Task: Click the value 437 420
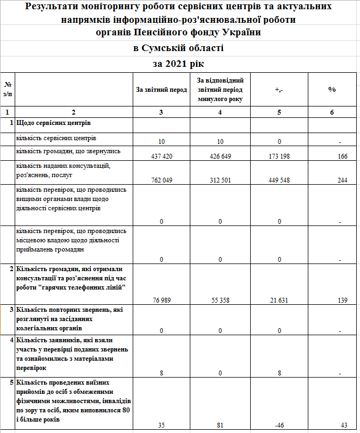point(161,156)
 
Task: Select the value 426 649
point(220,156)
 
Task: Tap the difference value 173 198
point(279,156)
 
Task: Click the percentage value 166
point(342,156)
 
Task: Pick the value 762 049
point(161,180)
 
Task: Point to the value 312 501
point(220,180)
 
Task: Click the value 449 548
point(279,180)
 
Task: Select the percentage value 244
point(342,180)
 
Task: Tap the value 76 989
point(161,300)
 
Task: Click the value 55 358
point(220,300)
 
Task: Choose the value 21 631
point(279,300)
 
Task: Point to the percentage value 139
point(342,300)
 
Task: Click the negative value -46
point(279,425)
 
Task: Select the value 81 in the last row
point(220,425)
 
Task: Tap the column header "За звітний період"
point(161,89)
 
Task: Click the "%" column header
point(332,89)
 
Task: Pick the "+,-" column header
point(279,89)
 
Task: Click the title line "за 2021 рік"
point(179,64)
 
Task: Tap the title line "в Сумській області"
point(179,48)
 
